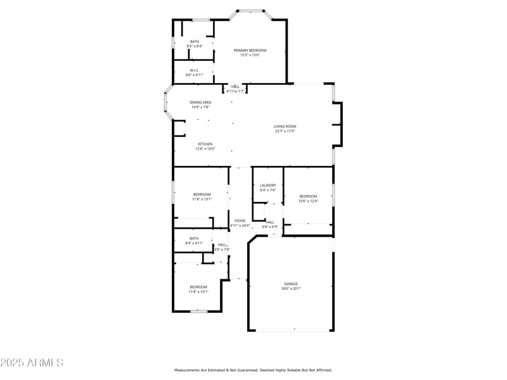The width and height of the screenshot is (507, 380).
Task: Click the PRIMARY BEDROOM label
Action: [x=250, y=51]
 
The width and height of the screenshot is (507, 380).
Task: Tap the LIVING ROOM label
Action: [x=285, y=127]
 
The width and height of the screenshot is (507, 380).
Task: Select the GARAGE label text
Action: [x=291, y=284]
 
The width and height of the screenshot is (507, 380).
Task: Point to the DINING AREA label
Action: [x=200, y=103]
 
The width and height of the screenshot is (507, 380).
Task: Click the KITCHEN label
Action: [x=205, y=144]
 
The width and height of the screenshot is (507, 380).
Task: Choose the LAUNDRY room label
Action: [x=267, y=186]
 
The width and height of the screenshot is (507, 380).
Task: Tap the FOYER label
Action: [x=240, y=221]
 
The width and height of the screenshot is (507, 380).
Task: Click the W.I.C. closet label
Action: [x=194, y=70]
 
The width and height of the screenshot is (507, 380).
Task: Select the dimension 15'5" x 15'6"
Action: [x=250, y=55]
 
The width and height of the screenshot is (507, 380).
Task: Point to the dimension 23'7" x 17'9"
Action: [x=285, y=132]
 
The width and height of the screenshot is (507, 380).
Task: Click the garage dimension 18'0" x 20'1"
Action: [x=291, y=289]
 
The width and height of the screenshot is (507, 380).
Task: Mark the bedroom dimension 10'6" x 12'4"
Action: [x=308, y=201]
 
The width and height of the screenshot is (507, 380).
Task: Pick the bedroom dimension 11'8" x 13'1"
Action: [x=202, y=199]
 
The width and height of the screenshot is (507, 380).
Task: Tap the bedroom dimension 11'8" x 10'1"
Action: [x=198, y=292]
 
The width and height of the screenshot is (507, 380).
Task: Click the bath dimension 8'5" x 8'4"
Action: [x=194, y=46]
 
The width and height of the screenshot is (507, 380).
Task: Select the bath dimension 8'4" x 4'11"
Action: [x=194, y=243]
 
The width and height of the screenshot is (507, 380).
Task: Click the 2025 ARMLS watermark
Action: [x=32, y=363]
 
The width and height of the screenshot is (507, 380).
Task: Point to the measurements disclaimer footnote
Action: [x=253, y=370]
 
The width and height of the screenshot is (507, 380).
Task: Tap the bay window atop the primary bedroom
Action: [x=251, y=10]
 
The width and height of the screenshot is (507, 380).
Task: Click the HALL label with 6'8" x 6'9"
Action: [x=270, y=222]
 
